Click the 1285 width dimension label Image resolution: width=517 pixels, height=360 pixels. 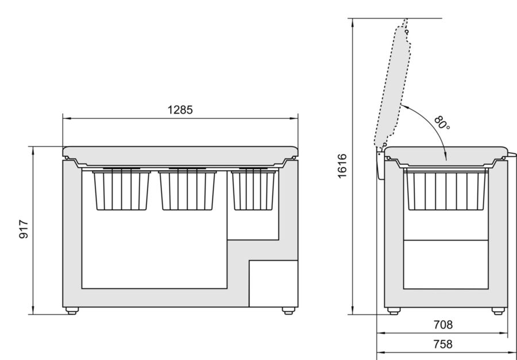pos(180,110)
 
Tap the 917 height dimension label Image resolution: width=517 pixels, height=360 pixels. pos(24,229)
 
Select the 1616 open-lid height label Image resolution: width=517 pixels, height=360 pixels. pos(342,166)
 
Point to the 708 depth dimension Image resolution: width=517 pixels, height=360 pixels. pos(443,325)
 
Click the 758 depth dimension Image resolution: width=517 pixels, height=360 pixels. pos(443,344)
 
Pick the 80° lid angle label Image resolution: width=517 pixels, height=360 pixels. pos(442,123)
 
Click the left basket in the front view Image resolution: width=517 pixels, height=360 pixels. pos(121,190)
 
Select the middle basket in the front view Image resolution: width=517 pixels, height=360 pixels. pos(187,190)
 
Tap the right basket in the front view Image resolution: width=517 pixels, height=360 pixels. pos(253,190)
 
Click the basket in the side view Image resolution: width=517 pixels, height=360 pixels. pos(446,189)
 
